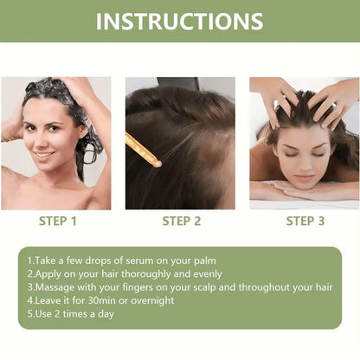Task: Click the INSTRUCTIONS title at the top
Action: click(180, 21)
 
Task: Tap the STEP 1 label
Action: click(58, 221)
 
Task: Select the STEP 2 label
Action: click(182, 221)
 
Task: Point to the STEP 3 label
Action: click(305, 221)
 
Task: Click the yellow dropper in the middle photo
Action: click(144, 150)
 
